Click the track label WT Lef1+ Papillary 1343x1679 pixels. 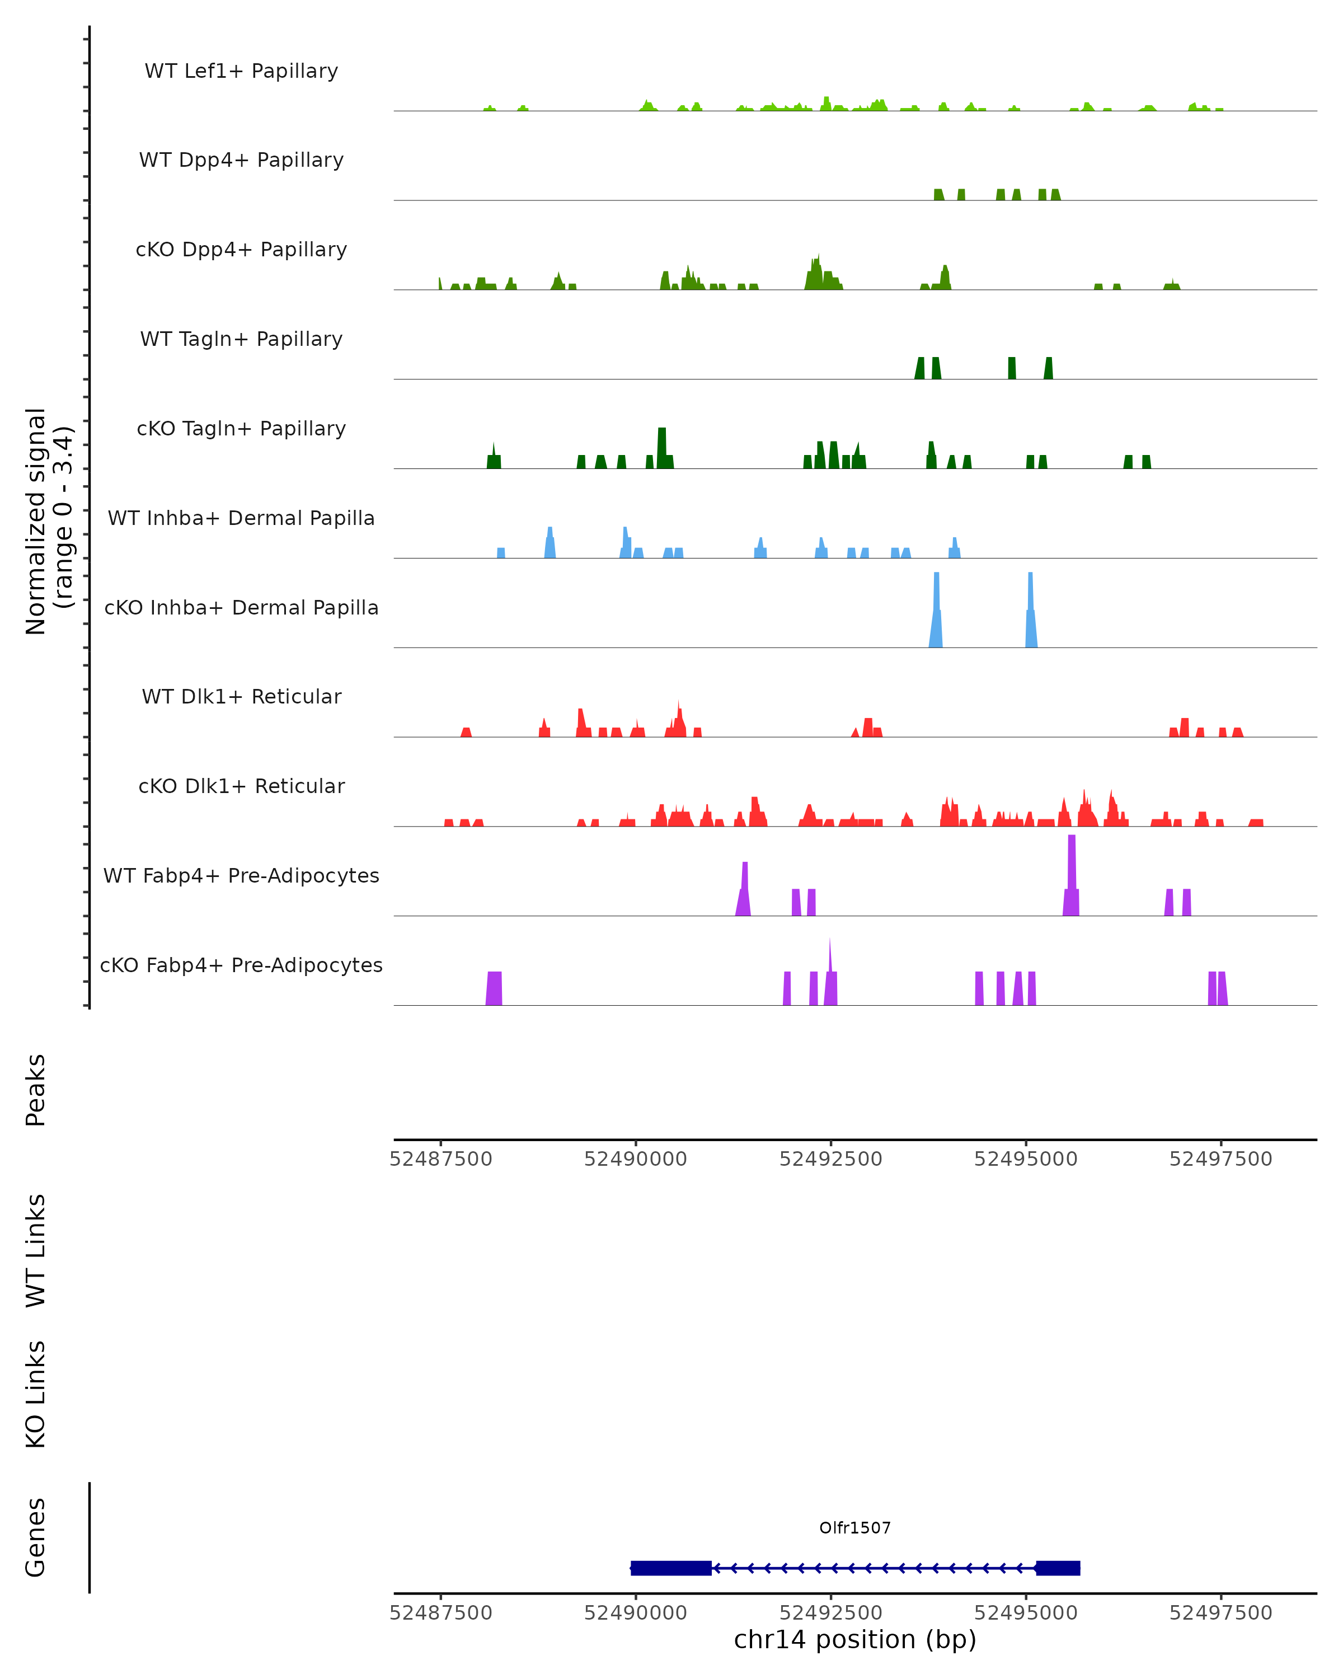[241, 71]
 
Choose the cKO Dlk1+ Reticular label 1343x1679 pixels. [241, 786]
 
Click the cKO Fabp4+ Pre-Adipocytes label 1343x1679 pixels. [241, 965]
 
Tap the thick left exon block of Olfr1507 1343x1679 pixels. [670, 1568]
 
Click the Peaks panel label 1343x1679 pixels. [36, 1090]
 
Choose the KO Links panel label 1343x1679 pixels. [36, 1395]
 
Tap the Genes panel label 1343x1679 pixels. [36, 1537]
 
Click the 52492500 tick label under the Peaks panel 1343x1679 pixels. [831, 1159]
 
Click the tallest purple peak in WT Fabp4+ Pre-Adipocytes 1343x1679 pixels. [1071, 872]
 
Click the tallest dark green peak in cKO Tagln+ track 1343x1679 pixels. [662, 447]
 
